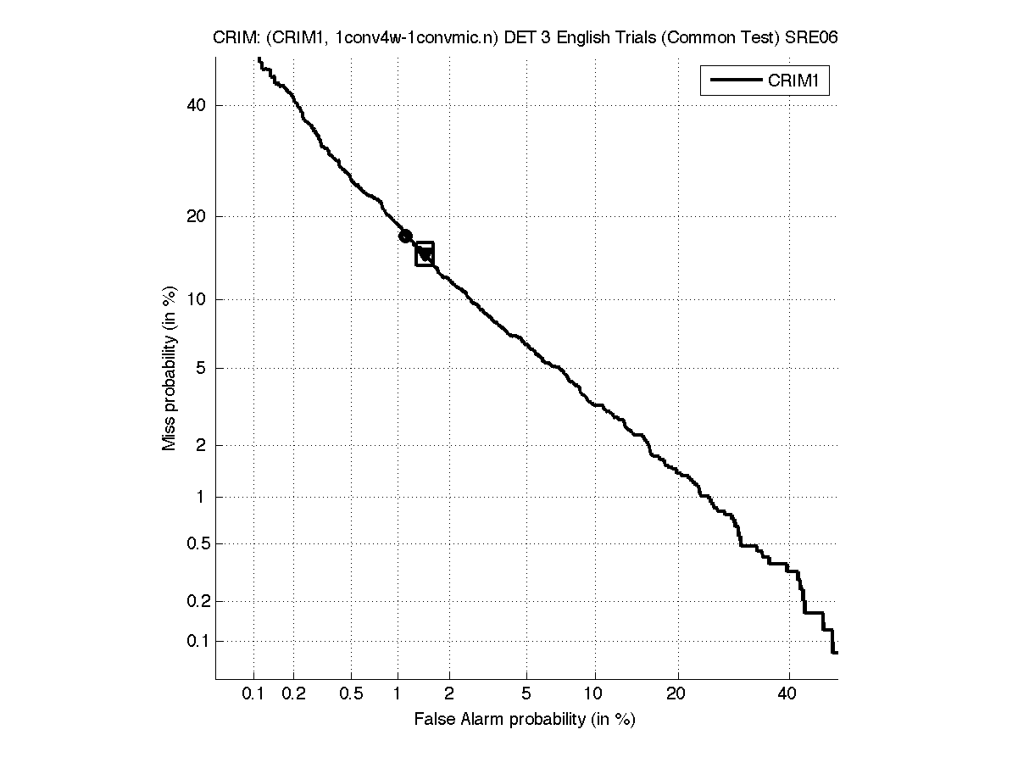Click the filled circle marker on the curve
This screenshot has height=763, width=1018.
tap(405, 236)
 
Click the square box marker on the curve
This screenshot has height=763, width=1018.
tap(425, 253)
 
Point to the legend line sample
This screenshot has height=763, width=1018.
tap(735, 81)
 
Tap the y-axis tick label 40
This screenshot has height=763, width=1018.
tap(197, 106)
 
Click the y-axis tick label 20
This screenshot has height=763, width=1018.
tap(197, 216)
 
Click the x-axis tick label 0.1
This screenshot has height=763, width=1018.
tap(253, 694)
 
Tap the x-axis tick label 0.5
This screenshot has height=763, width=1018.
tap(351, 694)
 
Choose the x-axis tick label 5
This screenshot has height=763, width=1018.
tap(526, 694)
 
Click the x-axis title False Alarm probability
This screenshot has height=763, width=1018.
tap(525, 720)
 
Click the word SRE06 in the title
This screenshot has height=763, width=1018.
tap(815, 38)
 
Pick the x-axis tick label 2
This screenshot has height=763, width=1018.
tap(449, 694)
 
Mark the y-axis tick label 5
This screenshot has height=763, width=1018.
tap(201, 368)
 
